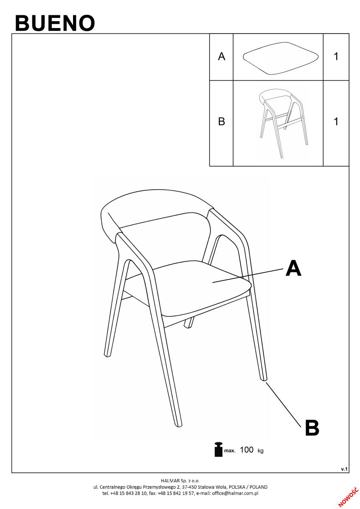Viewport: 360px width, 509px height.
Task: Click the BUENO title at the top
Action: click(x=55, y=23)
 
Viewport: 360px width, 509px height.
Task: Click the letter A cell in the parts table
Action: click(x=221, y=56)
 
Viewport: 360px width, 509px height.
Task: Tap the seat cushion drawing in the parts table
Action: click(x=281, y=58)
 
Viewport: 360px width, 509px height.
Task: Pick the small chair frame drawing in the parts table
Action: click(x=283, y=123)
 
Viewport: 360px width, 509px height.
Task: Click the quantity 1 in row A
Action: click(x=336, y=56)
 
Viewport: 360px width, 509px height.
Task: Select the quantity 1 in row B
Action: click(x=336, y=122)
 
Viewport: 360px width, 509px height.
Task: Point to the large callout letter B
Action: click(x=312, y=428)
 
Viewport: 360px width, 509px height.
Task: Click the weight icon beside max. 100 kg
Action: click(x=218, y=449)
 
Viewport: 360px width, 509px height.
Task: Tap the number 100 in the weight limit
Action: click(x=247, y=450)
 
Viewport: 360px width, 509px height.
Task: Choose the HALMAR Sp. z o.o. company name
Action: click(x=180, y=481)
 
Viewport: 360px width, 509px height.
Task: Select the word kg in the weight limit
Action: click(x=260, y=450)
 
